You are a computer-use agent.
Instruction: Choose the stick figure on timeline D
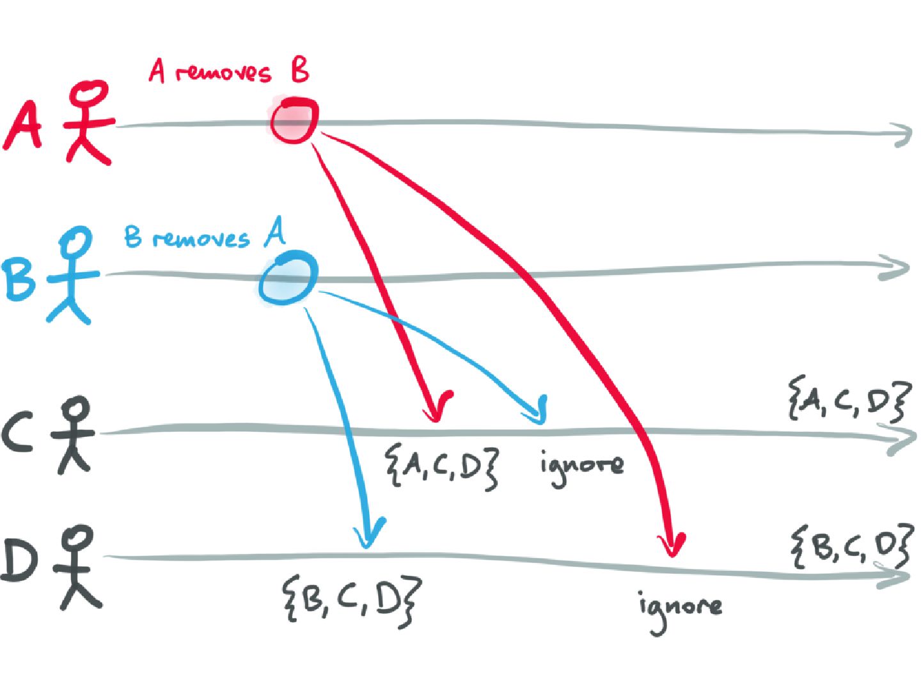point(77,567)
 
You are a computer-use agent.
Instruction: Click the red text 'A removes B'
point(229,70)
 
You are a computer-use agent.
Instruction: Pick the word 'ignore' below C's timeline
point(581,466)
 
